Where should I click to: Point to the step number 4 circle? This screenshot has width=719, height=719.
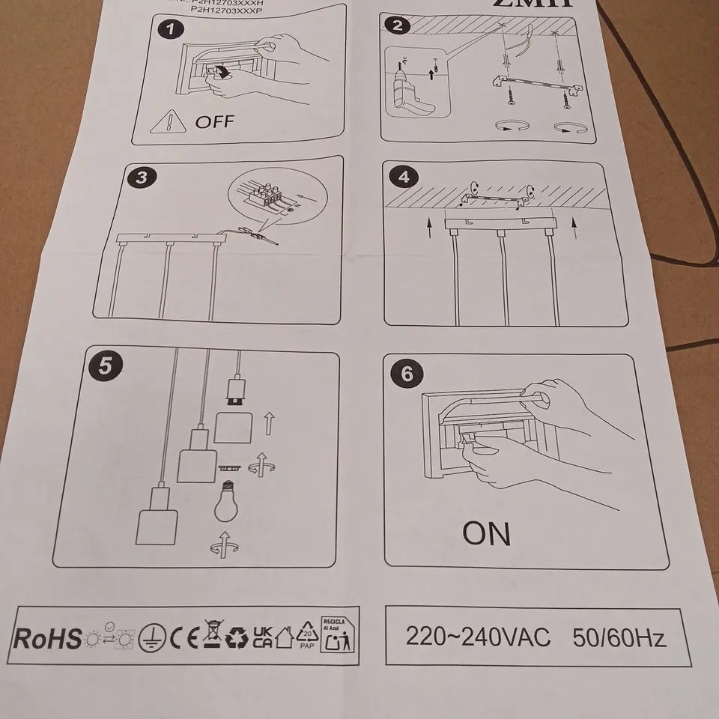[404, 178]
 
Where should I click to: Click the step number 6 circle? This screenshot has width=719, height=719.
[407, 374]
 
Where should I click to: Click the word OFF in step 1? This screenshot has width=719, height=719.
[214, 121]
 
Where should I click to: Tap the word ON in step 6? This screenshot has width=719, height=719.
[486, 533]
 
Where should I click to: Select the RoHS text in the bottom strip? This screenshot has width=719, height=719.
[48, 639]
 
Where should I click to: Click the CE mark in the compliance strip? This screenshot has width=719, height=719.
[182, 639]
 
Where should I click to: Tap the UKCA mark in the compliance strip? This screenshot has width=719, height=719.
[263, 637]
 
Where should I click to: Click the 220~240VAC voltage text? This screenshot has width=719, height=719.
[477, 637]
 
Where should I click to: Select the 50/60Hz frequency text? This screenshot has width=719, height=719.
[619, 638]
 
